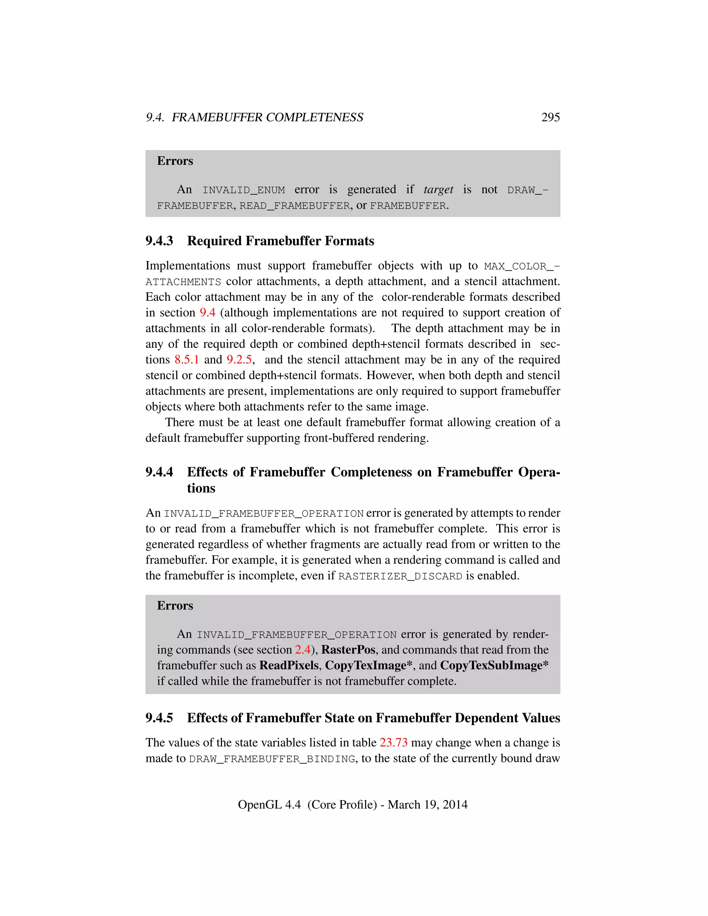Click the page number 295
[550, 118]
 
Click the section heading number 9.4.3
[159, 241]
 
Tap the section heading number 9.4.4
[159, 472]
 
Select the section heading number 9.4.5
[159, 718]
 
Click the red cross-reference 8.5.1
[187, 360]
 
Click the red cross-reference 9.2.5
[239, 360]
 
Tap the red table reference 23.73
[393, 743]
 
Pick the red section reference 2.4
[302, 650]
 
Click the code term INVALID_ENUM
[244, 190]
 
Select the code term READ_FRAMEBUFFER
[295, 206]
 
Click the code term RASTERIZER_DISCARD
[400, 577]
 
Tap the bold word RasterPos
[348, 650]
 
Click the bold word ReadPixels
[289, 666]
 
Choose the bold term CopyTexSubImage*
[494, 666]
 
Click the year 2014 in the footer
[455, 805]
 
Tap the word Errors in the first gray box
[175, 161]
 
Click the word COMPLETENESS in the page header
[315, 118]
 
